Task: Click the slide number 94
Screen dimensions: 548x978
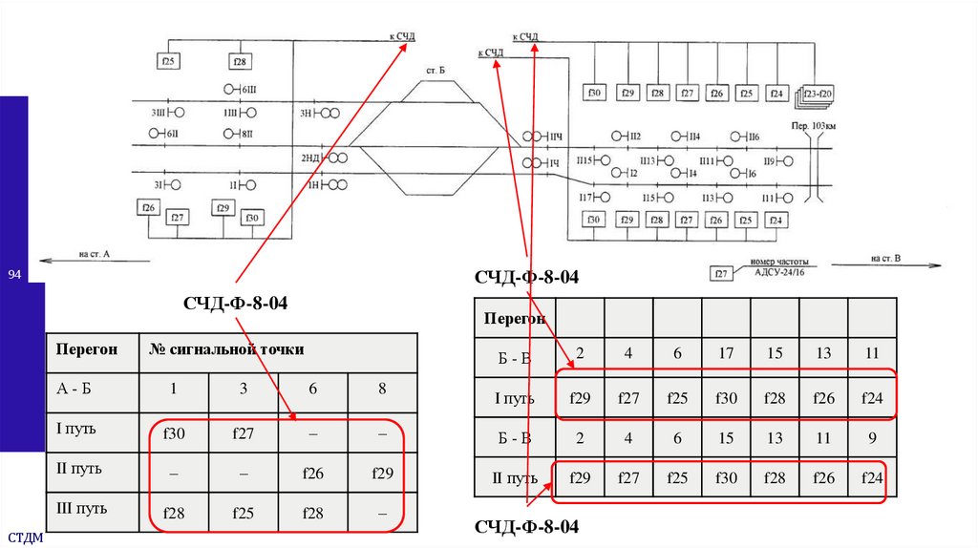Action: pos(14,275)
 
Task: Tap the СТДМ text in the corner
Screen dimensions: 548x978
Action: pos(24,538)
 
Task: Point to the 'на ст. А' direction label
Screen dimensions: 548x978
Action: pos(95,255)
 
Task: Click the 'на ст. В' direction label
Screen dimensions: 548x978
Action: pos(886,258)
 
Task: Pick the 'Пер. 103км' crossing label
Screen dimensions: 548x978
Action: pos(813,125)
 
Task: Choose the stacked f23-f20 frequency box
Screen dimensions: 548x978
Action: pos(818,94)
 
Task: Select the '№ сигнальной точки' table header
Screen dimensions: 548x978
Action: pos(226,349)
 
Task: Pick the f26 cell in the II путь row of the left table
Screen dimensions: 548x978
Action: pos(313,472)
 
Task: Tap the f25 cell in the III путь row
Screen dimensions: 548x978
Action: pos(244,513)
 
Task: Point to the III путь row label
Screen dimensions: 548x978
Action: pos(78,511)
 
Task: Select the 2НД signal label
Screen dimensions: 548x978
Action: pos(311,158)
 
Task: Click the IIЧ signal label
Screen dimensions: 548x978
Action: pos(556,137)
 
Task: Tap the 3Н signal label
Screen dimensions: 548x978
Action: pos(306,113)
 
